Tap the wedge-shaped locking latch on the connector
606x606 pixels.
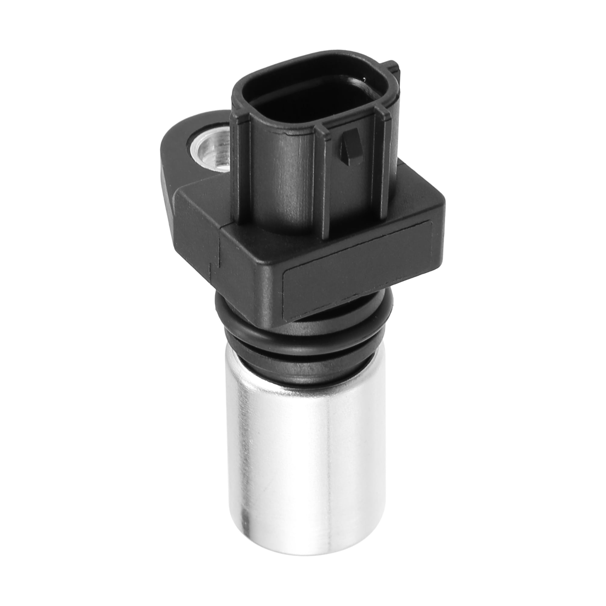(x=349, y=146)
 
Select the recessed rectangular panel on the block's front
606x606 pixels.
(x=358, y=270)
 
